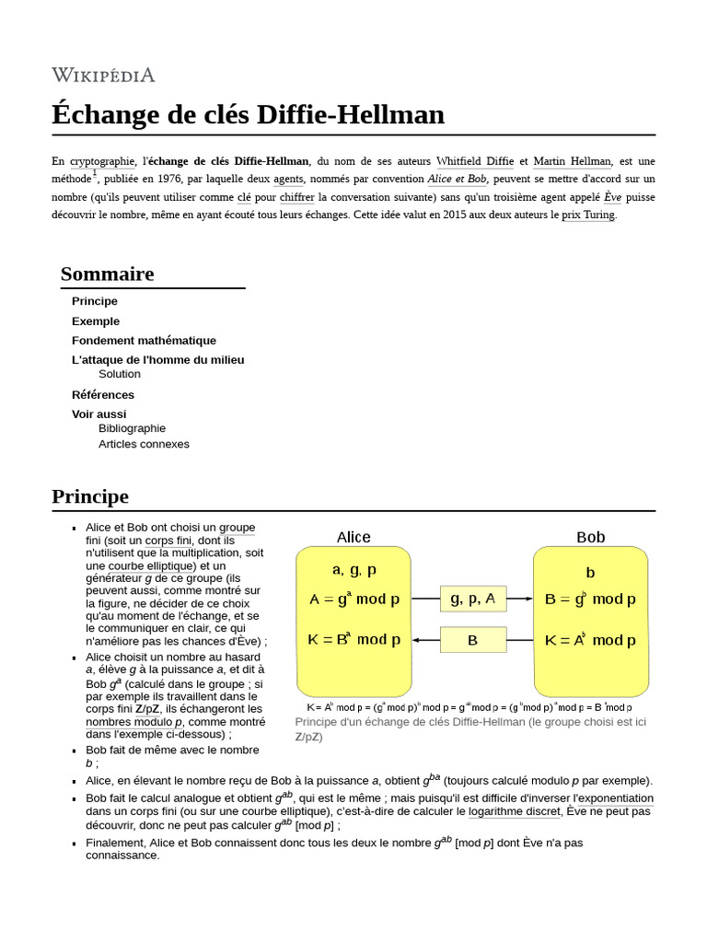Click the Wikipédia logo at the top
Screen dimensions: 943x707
[x=103, y=75]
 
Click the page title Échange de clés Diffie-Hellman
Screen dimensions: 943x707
[x=248, y=115]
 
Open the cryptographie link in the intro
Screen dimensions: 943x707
[x=102, y=161]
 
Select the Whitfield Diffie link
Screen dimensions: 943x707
[x=475, y=161]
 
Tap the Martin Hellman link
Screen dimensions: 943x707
[x=572, y=161]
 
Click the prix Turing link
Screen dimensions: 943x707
[x=588, y=215]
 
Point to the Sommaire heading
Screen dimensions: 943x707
[x=107, y=274]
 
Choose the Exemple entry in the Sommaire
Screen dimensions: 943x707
[x=96, y=321]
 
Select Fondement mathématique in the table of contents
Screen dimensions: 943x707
[x=144, y=341]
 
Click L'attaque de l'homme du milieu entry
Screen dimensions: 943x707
[x=157, y=360]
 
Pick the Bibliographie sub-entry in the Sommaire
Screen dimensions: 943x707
[x=132, y=428]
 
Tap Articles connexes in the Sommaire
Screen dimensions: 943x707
[x=144, y=444]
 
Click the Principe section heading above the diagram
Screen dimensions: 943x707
[x=90, y=496]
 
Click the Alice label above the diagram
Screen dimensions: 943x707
[x=353, y=537]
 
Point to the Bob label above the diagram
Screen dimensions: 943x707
[x=590, y=537]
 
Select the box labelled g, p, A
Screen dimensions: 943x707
[x=472, y=599]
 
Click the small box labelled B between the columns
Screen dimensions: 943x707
[x=472, y=640]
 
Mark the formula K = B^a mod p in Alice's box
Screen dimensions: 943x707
[x=354, y=639]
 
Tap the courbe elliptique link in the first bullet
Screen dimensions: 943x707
[x=151, y=565]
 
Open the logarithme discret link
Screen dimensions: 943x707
[x=514, y=811]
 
